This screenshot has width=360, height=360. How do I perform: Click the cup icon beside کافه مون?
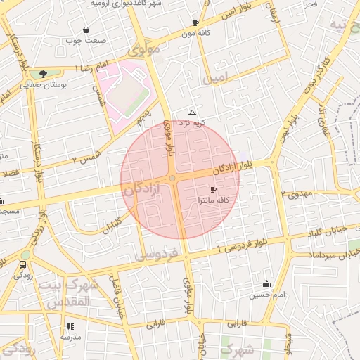pyautogui.click(x=195, y=23)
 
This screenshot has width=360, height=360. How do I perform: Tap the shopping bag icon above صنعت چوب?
pyautogui.click(x=86, y=30)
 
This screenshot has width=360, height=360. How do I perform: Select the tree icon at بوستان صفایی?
pyautogui.click(x=44, y=73)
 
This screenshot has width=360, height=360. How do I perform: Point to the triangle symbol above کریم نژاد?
pyautogui.click(x=193, y=112)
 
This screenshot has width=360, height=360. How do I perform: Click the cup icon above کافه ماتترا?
pyautogui.click(x=213, y=190)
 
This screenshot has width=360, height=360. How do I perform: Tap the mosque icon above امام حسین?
pyautogui.click(x=266, y=284)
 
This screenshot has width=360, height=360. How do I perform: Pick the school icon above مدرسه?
pyautogui.click(x=70, y=326)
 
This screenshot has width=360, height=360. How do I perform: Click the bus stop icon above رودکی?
pyautogui.click(x=23, y=265)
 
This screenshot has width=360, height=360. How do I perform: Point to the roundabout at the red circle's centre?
pyautogui.click(x=173, y=179)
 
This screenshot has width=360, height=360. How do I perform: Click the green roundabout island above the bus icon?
pyautogui.click(x=26, y=255)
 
